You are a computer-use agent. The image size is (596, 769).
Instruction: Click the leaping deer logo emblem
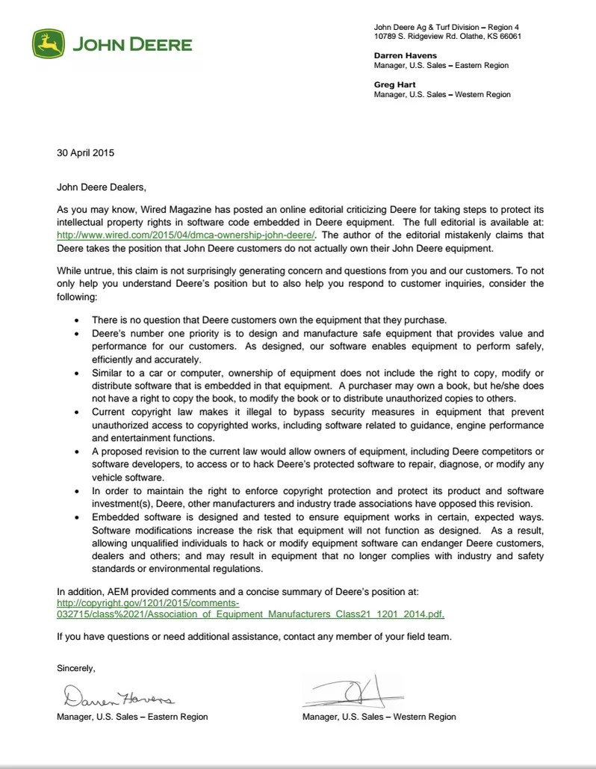pos(48,44)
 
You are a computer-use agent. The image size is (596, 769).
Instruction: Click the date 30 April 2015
pos(85,153)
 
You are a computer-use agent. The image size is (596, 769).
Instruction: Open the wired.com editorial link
pos(187,234)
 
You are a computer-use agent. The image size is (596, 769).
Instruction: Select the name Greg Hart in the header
pos(395,85)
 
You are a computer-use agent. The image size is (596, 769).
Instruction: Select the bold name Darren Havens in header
pos(406,55)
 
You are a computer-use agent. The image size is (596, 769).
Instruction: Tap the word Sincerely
pos(76,667)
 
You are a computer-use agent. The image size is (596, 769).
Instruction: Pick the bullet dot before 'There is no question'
pos(78,320)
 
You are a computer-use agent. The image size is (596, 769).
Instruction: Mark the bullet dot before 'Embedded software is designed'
pos(78,516)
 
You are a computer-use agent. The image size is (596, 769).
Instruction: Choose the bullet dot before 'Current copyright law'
pos(78,412)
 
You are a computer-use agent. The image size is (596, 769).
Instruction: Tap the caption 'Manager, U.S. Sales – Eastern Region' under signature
pos(132,717)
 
